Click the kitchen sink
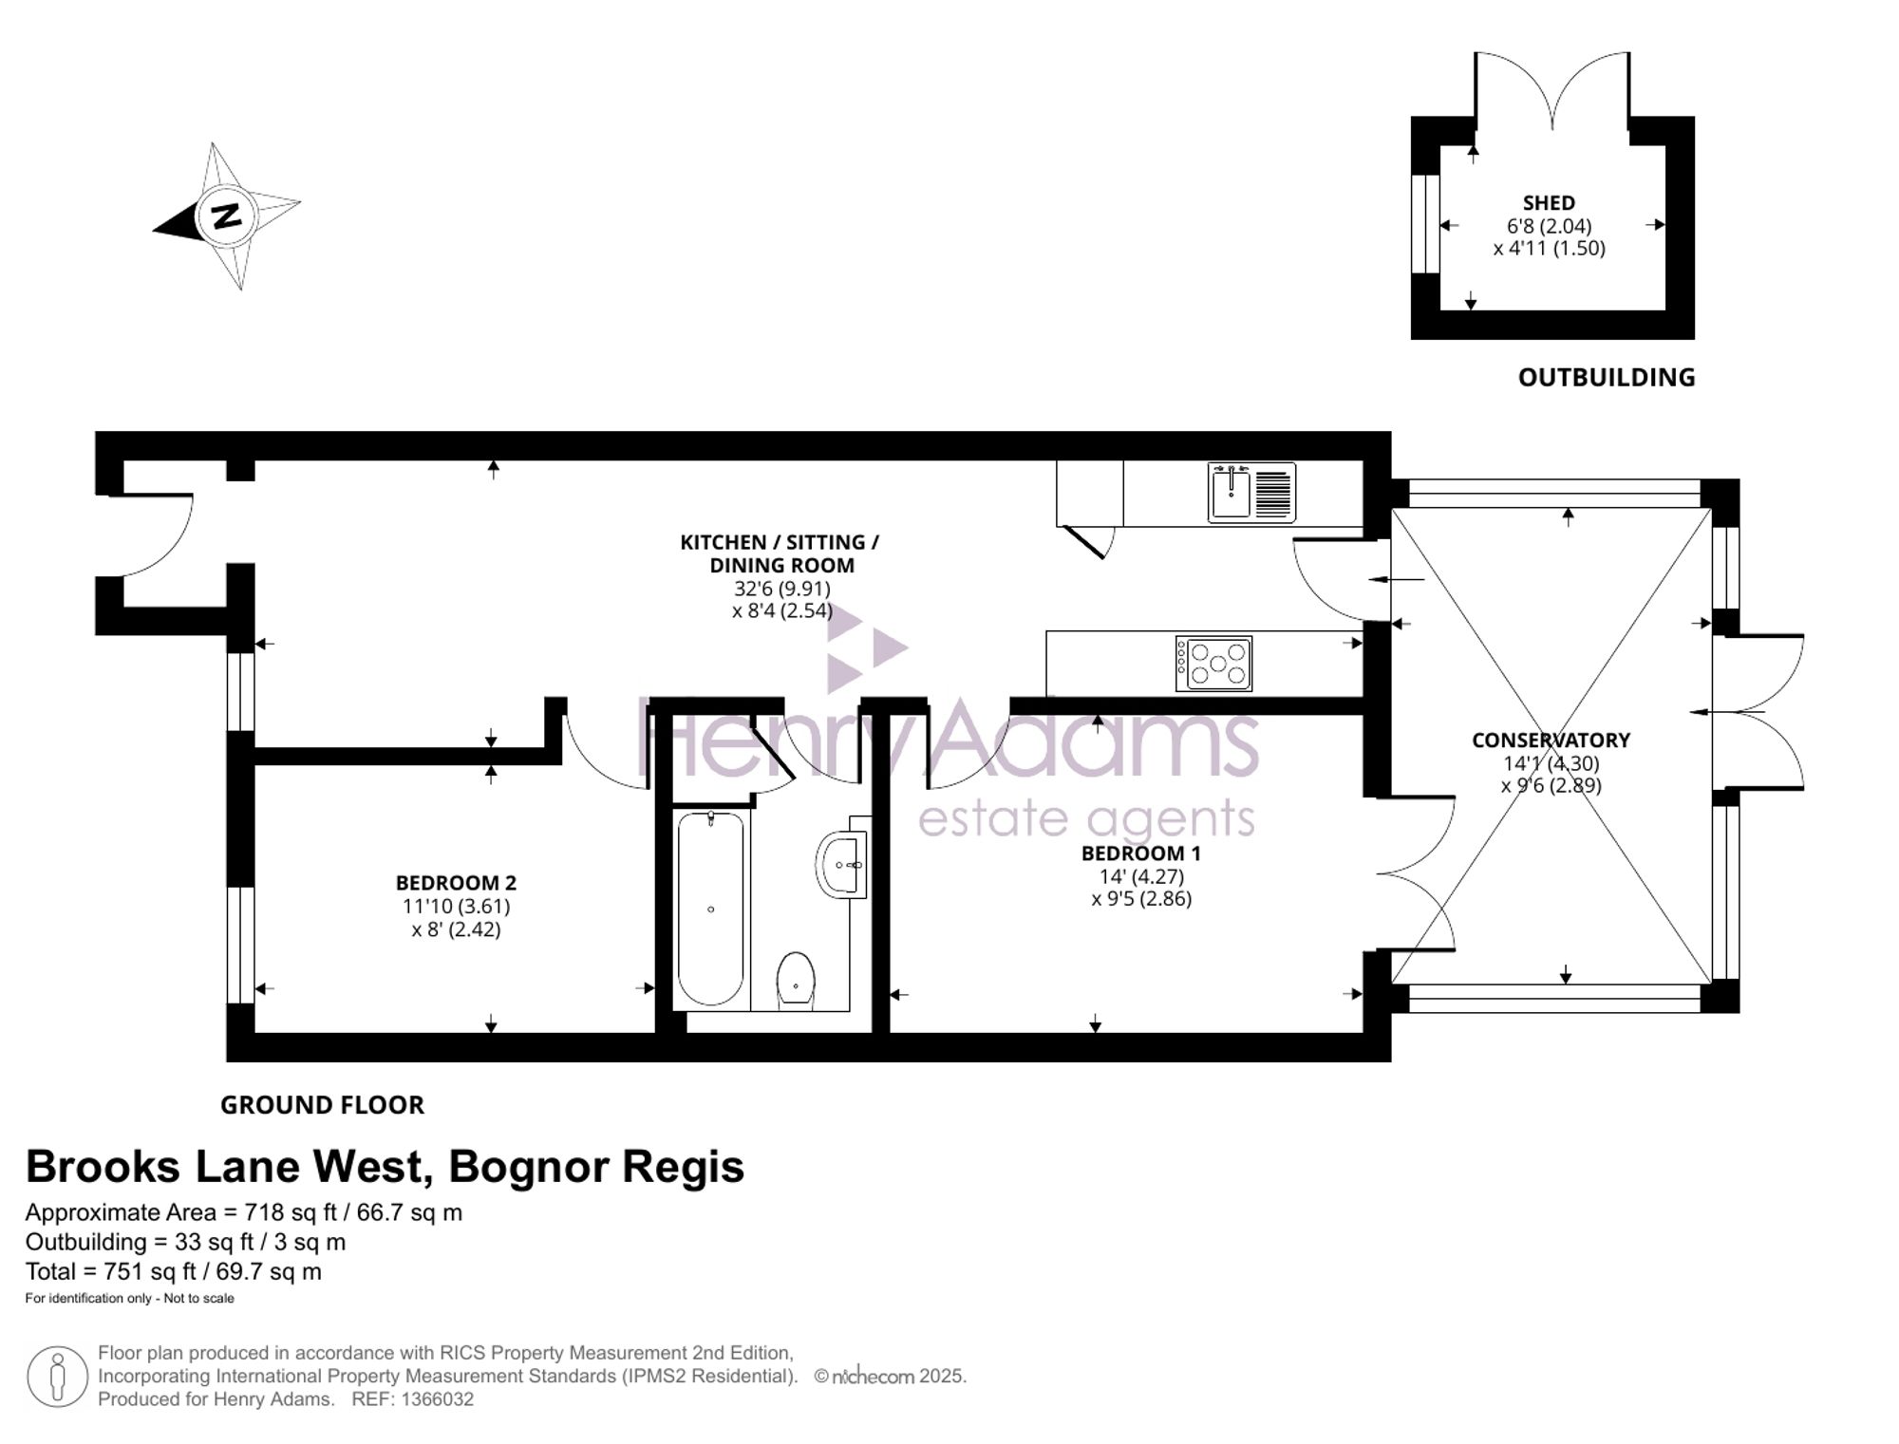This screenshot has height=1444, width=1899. [x=1251, y=493]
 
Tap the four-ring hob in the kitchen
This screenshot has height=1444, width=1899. [x=1213, y=663]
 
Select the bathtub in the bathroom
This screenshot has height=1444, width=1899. [x=711, y=908]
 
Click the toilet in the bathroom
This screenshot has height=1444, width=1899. [x=796, y=979]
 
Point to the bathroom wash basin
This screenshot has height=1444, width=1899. [x=842, y=863]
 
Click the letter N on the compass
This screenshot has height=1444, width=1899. [x=226, y=216]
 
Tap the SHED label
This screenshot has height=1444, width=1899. [x=1549, y=203]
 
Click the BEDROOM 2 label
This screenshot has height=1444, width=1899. [x=456, y=883]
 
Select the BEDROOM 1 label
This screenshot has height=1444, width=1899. [x=1140, y=853]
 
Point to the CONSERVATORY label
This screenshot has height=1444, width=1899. [x=1551, y=740]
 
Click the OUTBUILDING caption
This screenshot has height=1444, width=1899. [x=1607, y=377]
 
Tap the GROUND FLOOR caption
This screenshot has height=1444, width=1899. [x=322, y=1105]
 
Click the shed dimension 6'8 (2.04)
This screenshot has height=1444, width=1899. [x=1549, y=226]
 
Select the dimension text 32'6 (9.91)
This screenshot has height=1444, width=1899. [x=781, y=589]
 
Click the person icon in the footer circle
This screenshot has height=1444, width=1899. [x=58, y=1376]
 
